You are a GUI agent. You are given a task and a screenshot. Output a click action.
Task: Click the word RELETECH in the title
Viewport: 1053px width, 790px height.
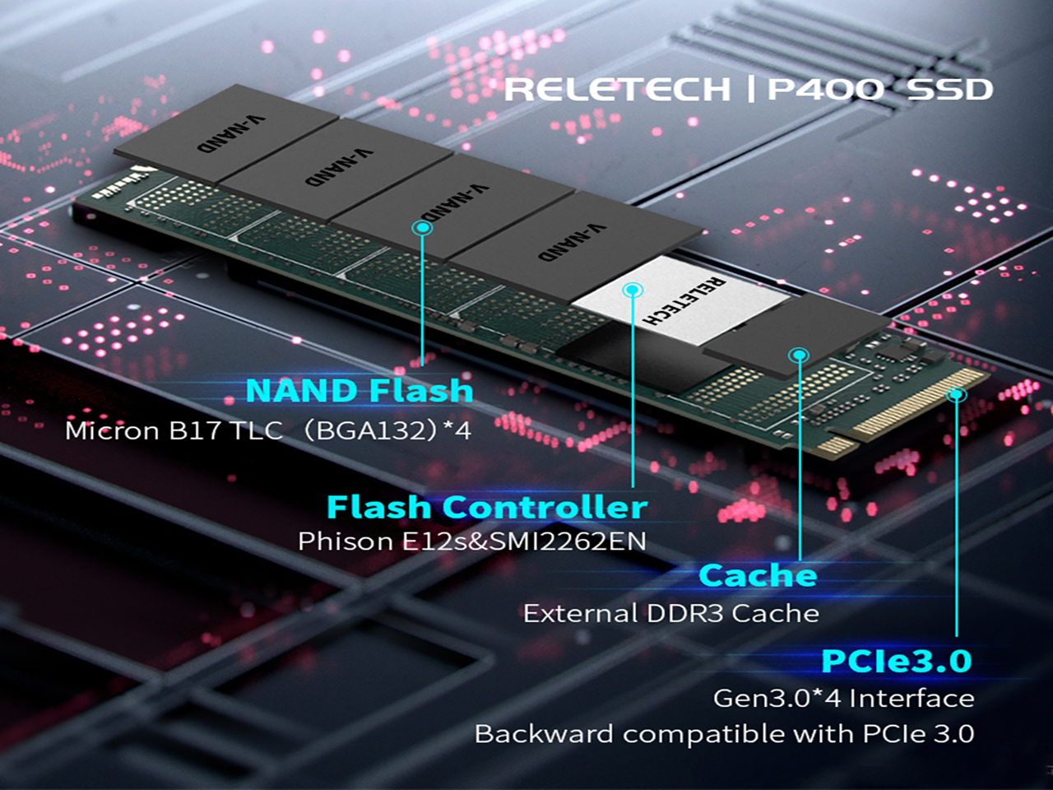pyautogui.click(x=617, y=89)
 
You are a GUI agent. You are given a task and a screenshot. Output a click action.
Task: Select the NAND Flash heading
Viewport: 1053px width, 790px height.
pyautogui.click(x=360, y=390)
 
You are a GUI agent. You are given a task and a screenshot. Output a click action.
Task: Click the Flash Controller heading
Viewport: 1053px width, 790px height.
pyautogui.click(x=486, y=507)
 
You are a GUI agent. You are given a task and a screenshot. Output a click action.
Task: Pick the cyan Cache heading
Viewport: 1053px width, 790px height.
pyautogui.click(x=758, y=575)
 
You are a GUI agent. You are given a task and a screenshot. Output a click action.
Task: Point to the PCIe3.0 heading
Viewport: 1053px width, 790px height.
pyautogui.click(x=897, y=661)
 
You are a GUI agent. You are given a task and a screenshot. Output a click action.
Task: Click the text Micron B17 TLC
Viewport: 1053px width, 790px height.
pyautogui.click(x=174, y=430)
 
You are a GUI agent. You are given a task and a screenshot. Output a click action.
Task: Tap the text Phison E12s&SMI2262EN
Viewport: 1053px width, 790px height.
pyautogui.click(x=471, y=541)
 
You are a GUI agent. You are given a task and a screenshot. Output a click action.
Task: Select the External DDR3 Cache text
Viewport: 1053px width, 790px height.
pyautogui.click(x=670, y=614)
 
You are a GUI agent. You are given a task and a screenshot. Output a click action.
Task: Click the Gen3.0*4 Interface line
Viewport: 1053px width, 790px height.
pyautogui.click(x=843, y=699)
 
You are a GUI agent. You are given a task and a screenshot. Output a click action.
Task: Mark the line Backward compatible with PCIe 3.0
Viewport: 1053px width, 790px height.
pyautogui.click(x=724, y=734)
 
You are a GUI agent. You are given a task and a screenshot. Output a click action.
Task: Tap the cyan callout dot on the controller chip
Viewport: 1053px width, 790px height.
pyautogui.click(x=632, y=290)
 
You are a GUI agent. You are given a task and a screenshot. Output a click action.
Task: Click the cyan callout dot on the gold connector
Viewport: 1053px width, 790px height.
pyautogui.click(x=956, y=395)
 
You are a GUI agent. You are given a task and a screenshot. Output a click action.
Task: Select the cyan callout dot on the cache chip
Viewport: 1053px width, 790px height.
pyautogui.click(x=799, y=355)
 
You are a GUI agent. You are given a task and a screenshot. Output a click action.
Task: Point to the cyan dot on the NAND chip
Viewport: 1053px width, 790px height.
pyautogui.click(x=422, y=227)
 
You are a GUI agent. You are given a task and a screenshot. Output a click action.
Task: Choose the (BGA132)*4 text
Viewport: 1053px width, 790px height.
pyautogui.click(x=387, y=430)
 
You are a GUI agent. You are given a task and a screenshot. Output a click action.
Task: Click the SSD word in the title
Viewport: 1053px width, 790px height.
pyautogui.click(x=950, y=89)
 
